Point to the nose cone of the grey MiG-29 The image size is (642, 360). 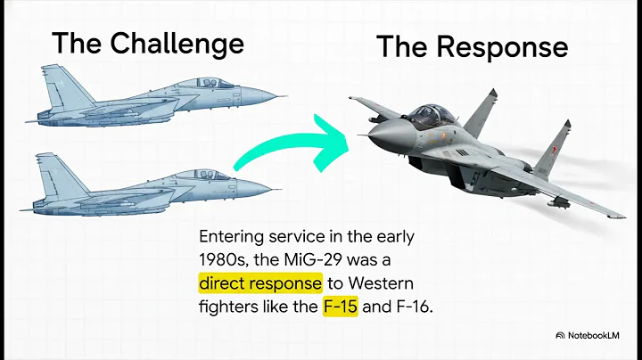point(381,135)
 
